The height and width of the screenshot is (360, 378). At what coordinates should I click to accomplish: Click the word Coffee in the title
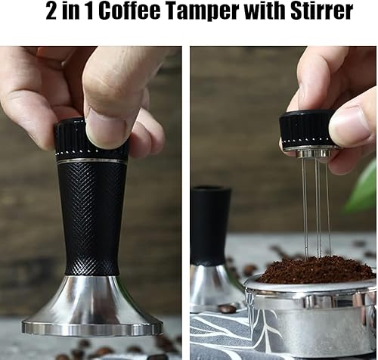(x=139, y=13)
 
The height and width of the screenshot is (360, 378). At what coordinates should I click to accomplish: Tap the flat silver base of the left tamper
(x=92, y=310)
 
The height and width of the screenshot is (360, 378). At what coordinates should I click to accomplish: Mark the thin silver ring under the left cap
(x=91, y=161)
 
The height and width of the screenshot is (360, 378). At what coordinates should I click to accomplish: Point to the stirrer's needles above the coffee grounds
(x=317, y=204)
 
